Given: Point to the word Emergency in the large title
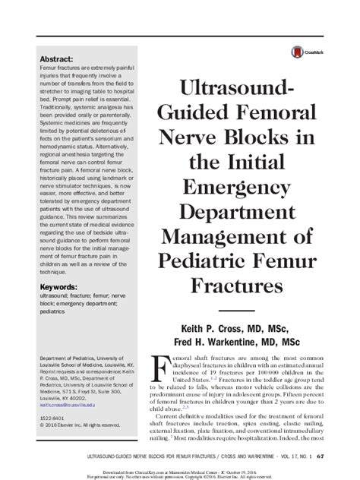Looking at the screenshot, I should (229, 187).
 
